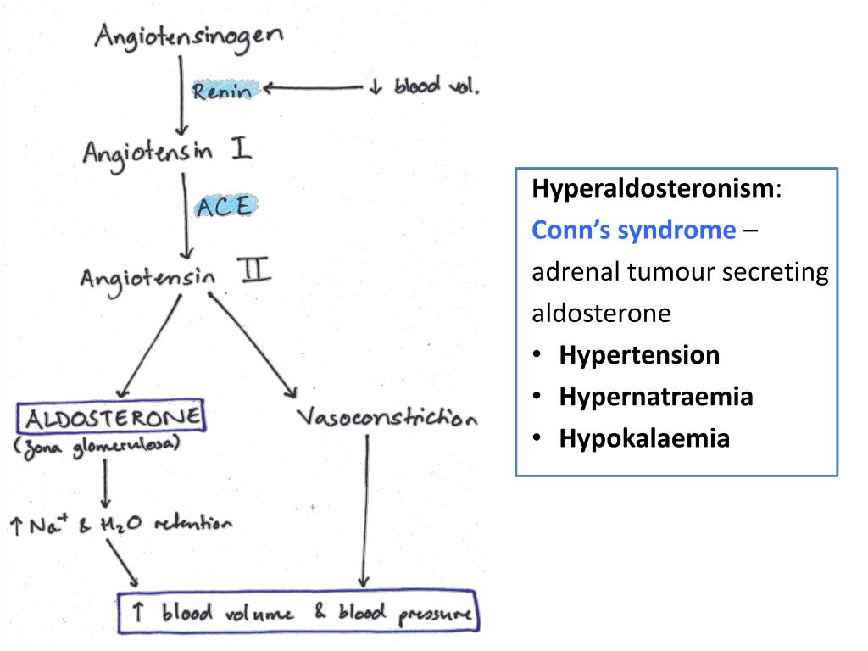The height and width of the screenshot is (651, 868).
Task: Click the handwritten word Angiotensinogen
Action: (x=189, y=39)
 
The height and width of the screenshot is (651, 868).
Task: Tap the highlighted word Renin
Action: (x=222, y=91)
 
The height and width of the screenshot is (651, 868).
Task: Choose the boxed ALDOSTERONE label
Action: (x=112, y=417)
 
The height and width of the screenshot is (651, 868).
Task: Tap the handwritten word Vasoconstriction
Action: (x=386, y=418)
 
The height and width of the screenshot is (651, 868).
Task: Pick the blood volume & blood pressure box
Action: (x=298, y=613)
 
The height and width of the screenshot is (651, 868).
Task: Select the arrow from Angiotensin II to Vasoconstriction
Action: (x=252, y=343)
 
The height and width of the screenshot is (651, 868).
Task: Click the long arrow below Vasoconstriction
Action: (x=365, y=509)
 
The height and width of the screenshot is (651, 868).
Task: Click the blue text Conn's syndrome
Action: (x=634, y=230)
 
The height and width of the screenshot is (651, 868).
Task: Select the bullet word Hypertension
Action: (x=639, y=354)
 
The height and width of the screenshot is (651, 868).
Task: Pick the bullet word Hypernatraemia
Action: (x=655, y=397)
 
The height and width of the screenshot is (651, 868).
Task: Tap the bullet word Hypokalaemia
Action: (x=644, y=438)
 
